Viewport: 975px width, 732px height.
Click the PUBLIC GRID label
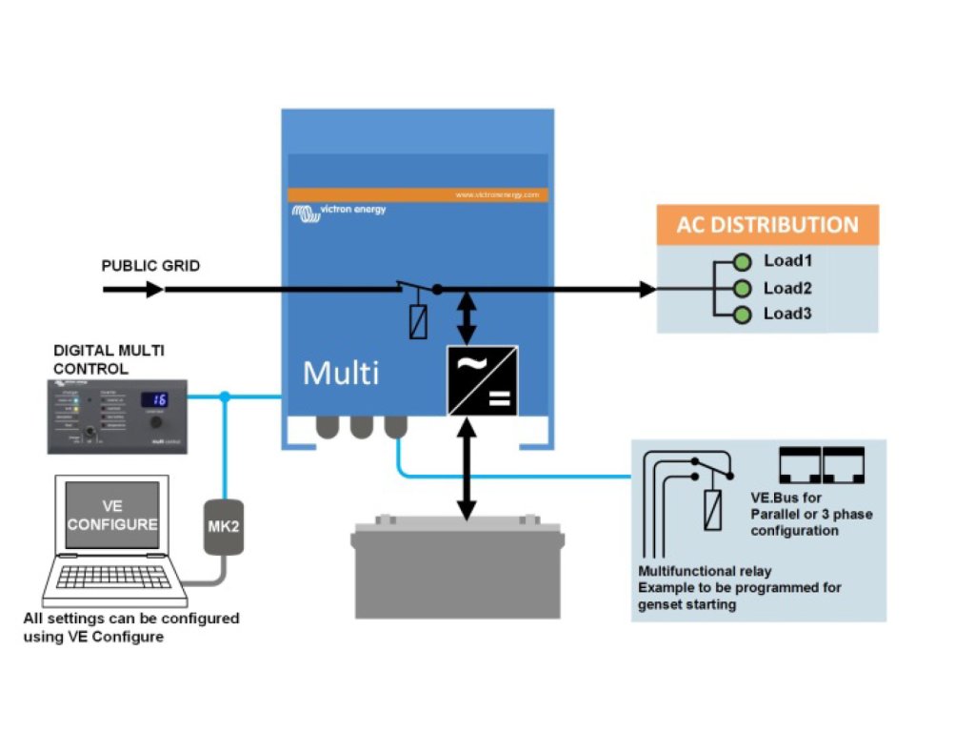pos(150,266)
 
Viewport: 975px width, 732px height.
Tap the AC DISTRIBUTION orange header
pos(767,226)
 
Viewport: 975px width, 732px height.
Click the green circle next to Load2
pos(743,289)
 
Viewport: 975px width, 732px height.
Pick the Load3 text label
pos(787,314)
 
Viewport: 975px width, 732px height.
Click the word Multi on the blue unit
pos(340,373)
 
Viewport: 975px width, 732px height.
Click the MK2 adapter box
pos(224,527)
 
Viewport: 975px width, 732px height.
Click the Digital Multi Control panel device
pos(117,417)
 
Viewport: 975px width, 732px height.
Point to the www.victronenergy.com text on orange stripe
pos(497,194)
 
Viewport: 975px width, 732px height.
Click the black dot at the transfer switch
pos(437,289)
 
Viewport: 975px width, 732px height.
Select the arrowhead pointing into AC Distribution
pos(647,289)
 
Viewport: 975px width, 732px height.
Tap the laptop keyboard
pos(111,576)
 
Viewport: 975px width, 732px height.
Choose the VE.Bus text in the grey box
pos(774,498)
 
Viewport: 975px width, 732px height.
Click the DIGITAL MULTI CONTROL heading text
pos(109,359)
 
